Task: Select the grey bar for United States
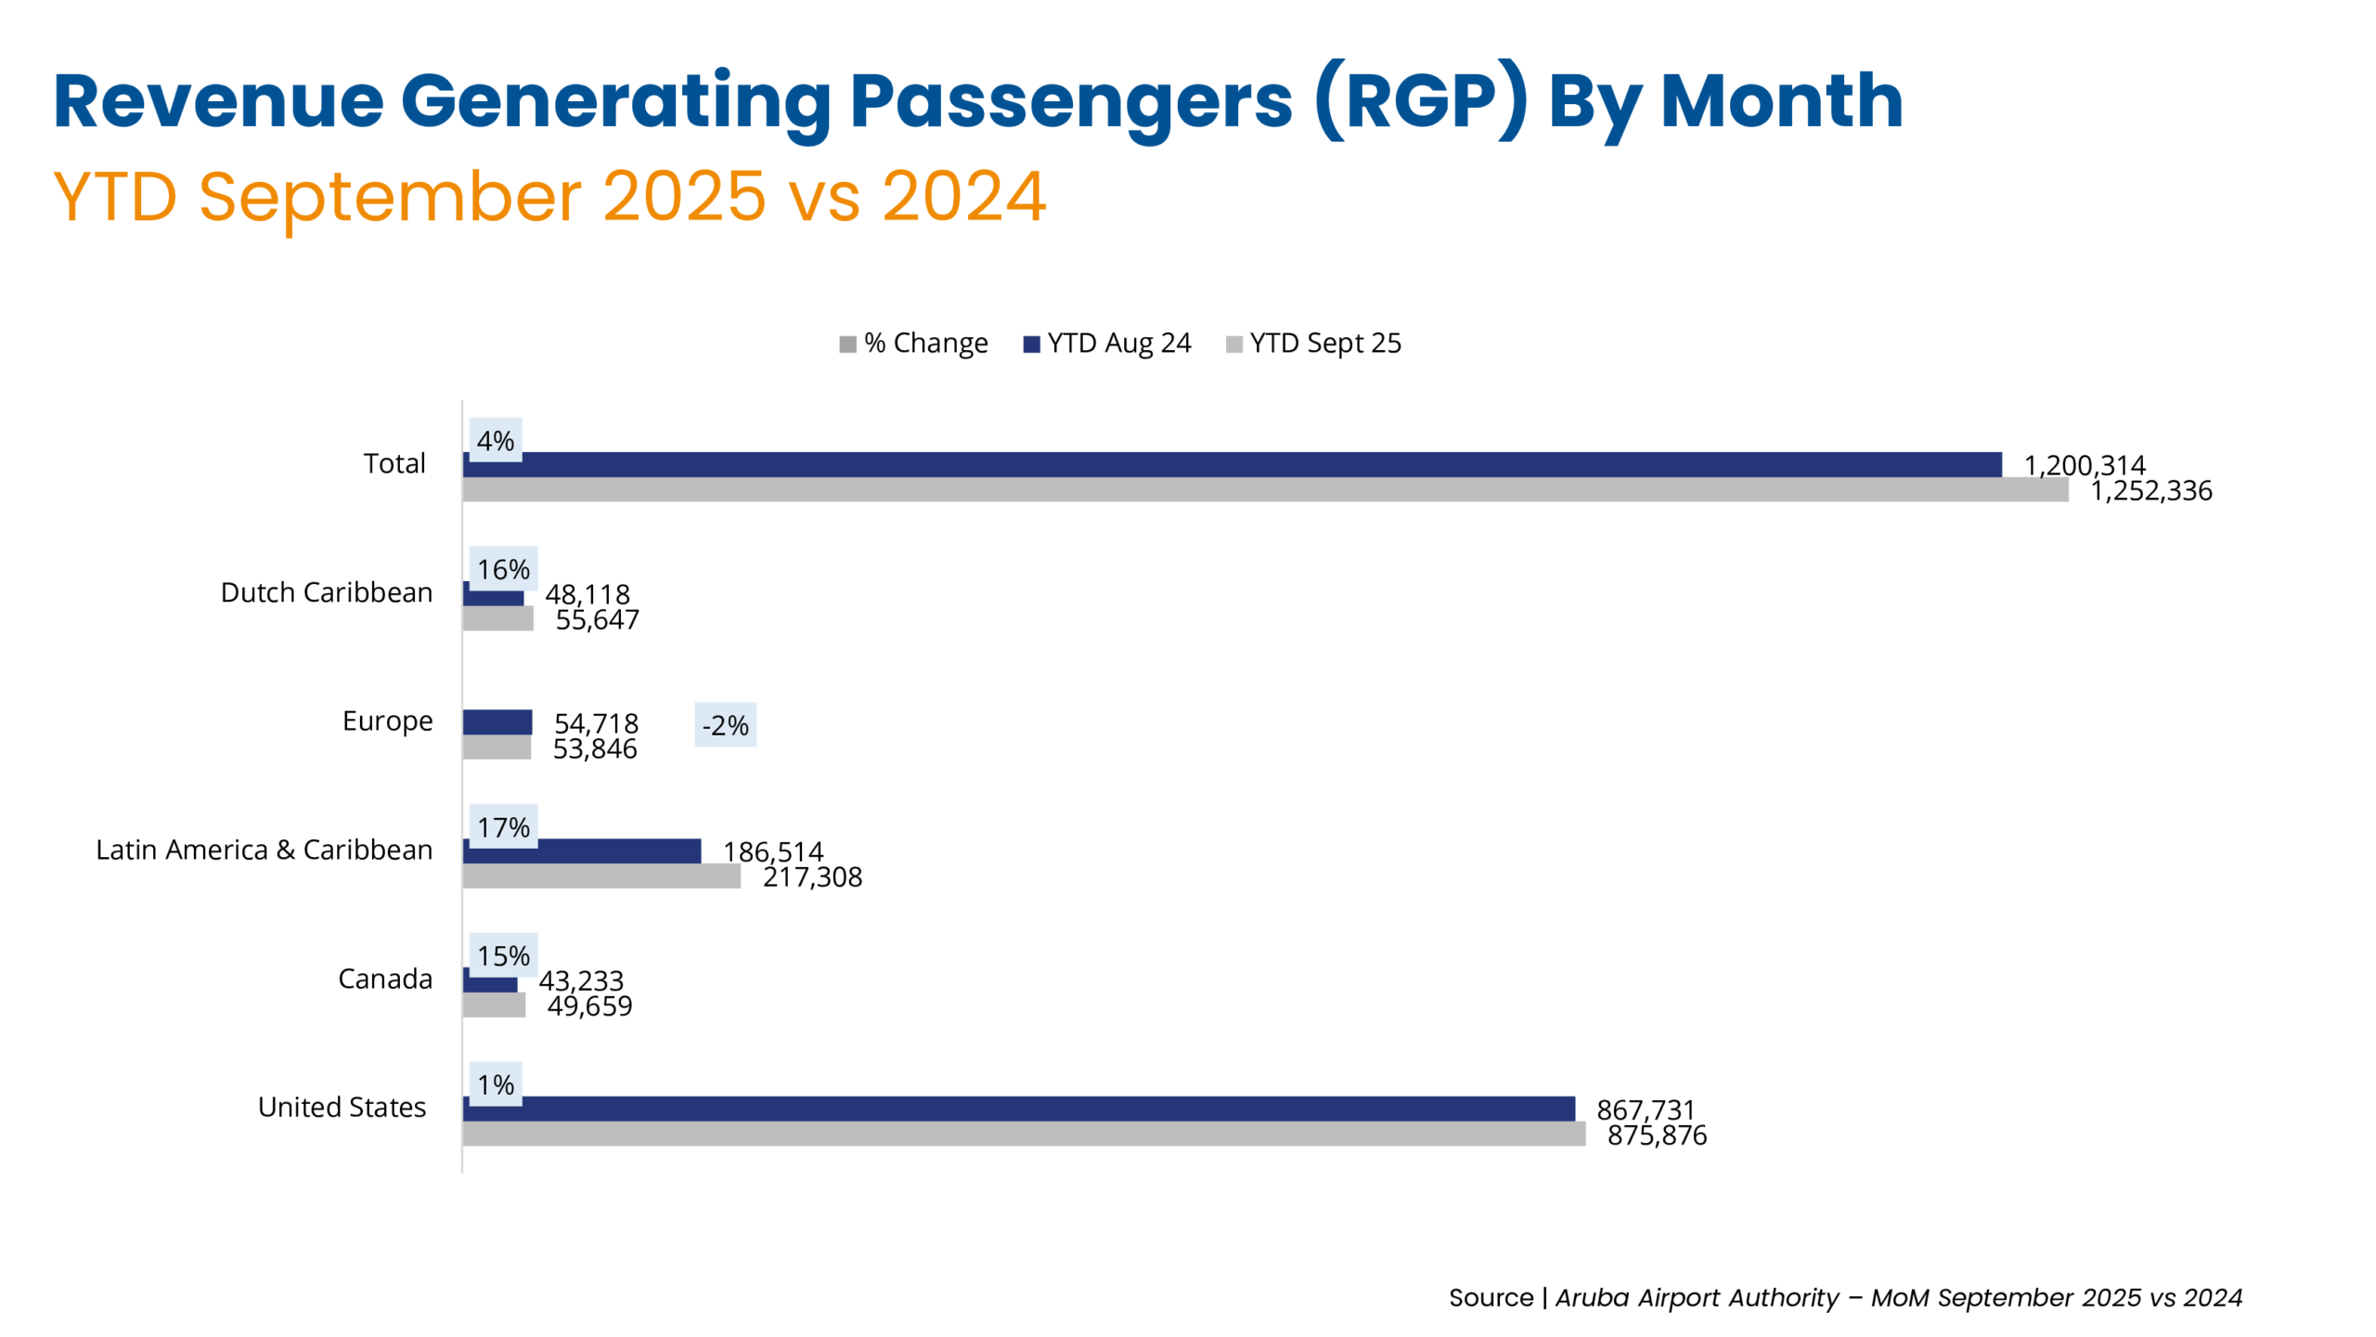tap(1023, 1134)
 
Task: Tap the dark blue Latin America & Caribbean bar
tap(582, 850)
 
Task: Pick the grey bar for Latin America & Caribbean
tap(601, 876)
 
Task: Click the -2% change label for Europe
tap(725, 725)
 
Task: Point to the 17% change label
tap(503, 826)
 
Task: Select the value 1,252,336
tap(2150, 490)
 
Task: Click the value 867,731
tap(1645, 1110)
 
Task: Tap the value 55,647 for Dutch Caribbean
tap(597, 619)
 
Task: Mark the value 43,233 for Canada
tap(581, 980)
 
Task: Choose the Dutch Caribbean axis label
tap(327, 592)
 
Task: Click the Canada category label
tap(385, 979)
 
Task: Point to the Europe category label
tap(387, 721)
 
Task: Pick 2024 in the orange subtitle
tap(963, 197)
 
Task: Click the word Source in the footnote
tap(1491, 1297)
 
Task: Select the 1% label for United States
tap(496, 1084)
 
